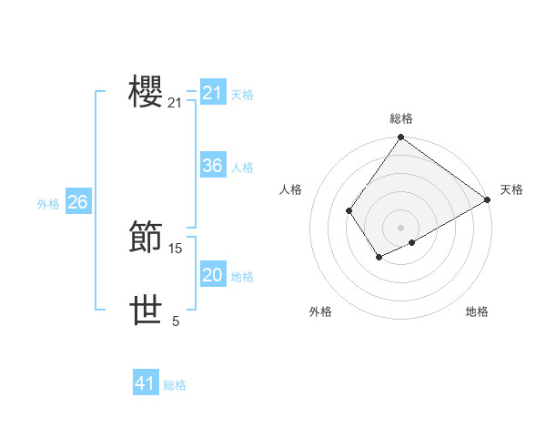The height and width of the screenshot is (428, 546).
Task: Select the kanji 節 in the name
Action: pyautogui.click(x=147, y=236)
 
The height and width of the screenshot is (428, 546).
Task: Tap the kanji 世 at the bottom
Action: pyautogui.click(x=147, y=311)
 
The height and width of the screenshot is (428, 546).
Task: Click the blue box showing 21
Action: pyautogui.click(x=212, y=93)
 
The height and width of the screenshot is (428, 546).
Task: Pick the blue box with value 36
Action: pyautogui.click(x=212, y=166)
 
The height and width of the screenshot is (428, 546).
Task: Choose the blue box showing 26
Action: pyautogui.click(x=77, y=202)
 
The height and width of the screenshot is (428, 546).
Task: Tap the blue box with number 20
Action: pyautogui.click(x=212, y=275)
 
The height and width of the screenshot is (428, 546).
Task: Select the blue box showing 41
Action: pyautogui.click(x=145, y=383)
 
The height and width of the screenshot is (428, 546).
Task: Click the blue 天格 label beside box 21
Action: pyautogui.click(x=242, y=95)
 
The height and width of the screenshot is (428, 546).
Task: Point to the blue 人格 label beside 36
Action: pyautogui.click(x=242, y=168)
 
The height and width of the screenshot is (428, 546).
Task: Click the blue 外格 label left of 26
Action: pyautogui.click(x=48, y=204)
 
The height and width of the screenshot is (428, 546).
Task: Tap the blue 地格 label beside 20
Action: pyautogui.click(x=242, y=277)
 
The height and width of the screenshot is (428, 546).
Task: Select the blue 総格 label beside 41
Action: pyautogui.click(x=175, y=385)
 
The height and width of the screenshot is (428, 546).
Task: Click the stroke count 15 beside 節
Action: pyautogui.click(x=176, y=248)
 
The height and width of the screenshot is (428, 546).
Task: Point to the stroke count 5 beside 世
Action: pyautogui.click(x=176, y=321)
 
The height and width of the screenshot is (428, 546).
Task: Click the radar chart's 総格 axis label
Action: pyautogui.click(x=401, y=118)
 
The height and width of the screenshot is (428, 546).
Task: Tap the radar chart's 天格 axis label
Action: pyautogui.click(x=511, y=189)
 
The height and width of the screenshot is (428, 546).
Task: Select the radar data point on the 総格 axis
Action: pyautogui.click(x=400, y=138)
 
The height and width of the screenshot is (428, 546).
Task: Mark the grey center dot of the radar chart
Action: pyautogui.click(x=400, y=228)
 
